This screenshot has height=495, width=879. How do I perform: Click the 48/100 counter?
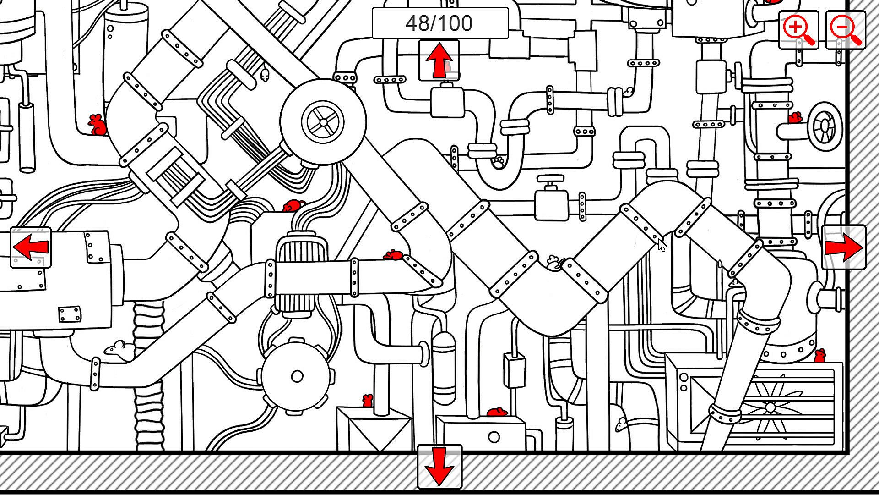pyautogui.click(x=439, y=23)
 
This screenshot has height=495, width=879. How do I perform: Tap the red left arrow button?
pyautogui.click(x=31, y=247)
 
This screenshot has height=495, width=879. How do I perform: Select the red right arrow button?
pyautogui.click(x=843, y=247)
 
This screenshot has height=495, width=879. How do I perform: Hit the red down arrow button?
pyautogui.click(x=439, y=467)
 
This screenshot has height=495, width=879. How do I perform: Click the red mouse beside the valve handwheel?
pyautogui.click(x=795, y=118)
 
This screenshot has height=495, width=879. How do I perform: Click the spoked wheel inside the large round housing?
pyautogui.click(x=323, y=122)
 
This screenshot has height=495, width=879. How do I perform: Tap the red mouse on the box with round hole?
pyautogui.click(x=496, y=412)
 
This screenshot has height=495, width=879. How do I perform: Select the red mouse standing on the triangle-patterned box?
pyautogui.click(x=367, y=401)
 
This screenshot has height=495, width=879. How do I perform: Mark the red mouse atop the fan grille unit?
pyautogui.click(x=819, y=355)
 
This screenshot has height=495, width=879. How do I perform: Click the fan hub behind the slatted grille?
pyautogui.click(x=770, y=407)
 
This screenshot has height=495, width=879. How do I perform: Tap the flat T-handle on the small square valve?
pyautogui.click(x=550, y=178)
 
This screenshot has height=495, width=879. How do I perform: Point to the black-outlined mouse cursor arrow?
pyautogui.click(x=662, y=245)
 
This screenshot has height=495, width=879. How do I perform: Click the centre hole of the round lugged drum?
pyautogui.click(x=297, y=376)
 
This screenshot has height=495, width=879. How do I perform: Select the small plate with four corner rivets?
pyautogui.click(x=70, y=314)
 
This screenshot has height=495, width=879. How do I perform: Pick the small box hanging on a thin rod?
pyautogui.click(x=514, y=370)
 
